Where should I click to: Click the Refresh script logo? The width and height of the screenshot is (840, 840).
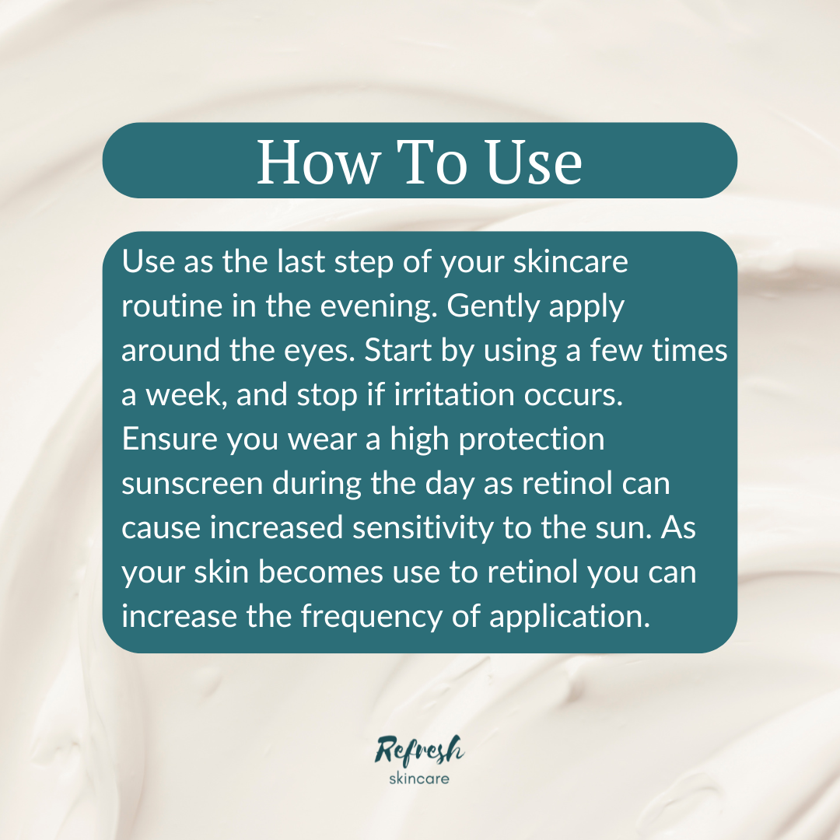[x=419, y=751]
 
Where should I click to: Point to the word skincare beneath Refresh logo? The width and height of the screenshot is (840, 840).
[x=419, y=778]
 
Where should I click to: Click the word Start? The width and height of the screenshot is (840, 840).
[x=404, y=352]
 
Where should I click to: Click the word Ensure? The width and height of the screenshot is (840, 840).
[x=170, y=440]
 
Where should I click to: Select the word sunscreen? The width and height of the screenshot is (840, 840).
[x=191, y=485]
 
